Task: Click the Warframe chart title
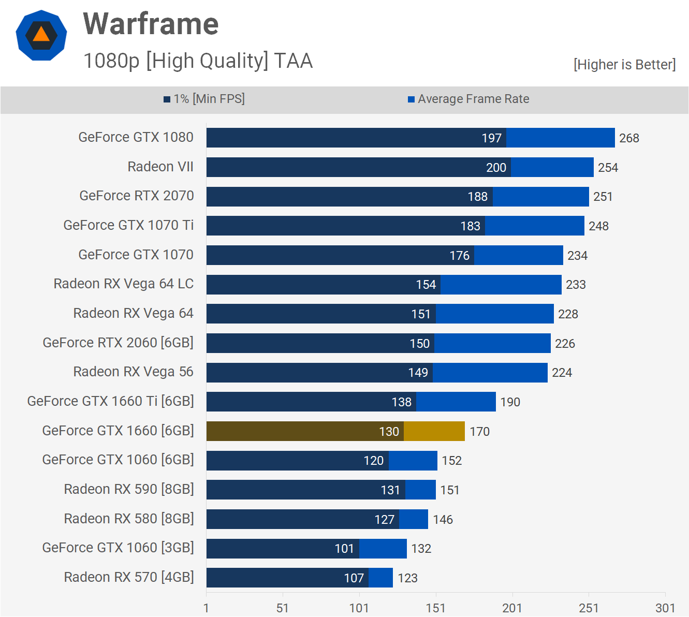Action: (x=151, y=24)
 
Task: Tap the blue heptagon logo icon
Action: (x=41, y=35)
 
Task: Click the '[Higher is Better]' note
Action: (x=624, y=65)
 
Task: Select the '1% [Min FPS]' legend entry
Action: (x=204, y=99)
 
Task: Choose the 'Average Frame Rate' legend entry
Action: (x=468, y=99)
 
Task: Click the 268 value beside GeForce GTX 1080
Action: (x=629, y=138)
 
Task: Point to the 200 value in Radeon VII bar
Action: (x=496, y=168)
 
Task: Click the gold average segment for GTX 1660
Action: (x=434, y=431)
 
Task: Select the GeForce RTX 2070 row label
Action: (x=137, y=196)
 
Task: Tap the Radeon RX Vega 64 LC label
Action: (x=124, y=284)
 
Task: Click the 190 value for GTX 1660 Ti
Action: (x=510, y=402)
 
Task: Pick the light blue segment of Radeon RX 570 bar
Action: (x=380, y=578)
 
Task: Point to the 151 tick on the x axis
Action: (x=435, y=608)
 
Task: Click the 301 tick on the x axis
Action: (x=665, y=608)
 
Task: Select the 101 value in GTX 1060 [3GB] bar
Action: (x=344, y=549)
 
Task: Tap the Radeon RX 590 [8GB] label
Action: (x=129, y=489)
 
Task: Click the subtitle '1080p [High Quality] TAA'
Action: (x=198, y=61)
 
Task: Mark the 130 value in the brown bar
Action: (x=389, y=432)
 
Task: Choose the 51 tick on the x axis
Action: (x=282, y=608)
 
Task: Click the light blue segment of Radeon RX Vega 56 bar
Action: (x=490, y=373)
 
